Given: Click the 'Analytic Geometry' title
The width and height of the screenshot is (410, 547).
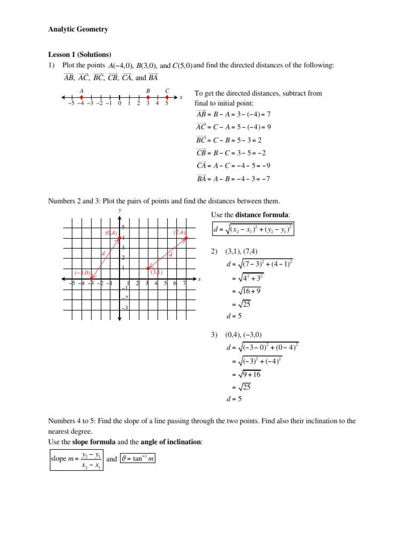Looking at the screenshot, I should [x=78, y=29].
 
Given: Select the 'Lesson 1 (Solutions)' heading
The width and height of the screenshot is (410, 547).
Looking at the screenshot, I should [x=80, y=54].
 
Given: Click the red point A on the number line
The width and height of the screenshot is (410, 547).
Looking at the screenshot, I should [x=81, y=97].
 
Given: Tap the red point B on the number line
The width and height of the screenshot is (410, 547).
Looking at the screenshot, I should [x=148, y=97].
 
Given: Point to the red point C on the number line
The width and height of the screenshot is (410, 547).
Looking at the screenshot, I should [x=167, y=97].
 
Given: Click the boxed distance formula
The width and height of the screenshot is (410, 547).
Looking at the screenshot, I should [x=254, y=230].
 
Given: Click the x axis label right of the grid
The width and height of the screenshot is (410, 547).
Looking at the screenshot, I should [x=199, y=279].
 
